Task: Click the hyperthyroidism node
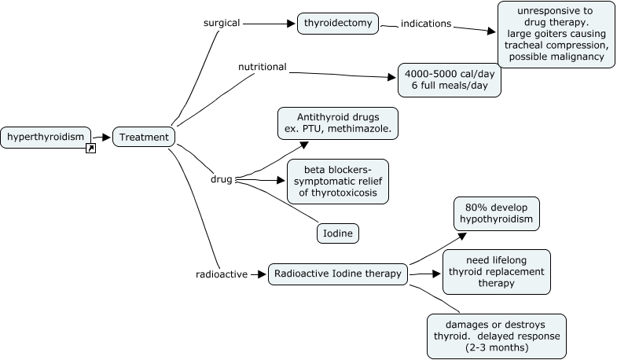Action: (x=46, y=137)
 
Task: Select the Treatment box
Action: (x=143, y=137)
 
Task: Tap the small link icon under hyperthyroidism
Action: (x=90, y=148)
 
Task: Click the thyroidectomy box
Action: (x=338, y=24)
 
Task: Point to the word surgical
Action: (x=221, y=24)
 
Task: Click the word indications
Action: (x=426, y=24)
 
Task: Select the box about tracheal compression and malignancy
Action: (x=555, y=35)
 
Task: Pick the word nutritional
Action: (x=262, y=67)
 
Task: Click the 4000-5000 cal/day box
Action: (x=449, y=79)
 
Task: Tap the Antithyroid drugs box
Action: (x=337, y=123)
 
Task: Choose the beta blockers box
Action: (x=337, y=181)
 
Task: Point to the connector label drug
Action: (x=221, y=179)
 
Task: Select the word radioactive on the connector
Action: (x=222, y=274)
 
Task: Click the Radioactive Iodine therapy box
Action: (x=338, y=274)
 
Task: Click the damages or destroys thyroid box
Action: (x=496, y=336)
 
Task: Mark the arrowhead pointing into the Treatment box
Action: (x=108, y=137)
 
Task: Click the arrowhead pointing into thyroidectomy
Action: (x=292, y=24)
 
